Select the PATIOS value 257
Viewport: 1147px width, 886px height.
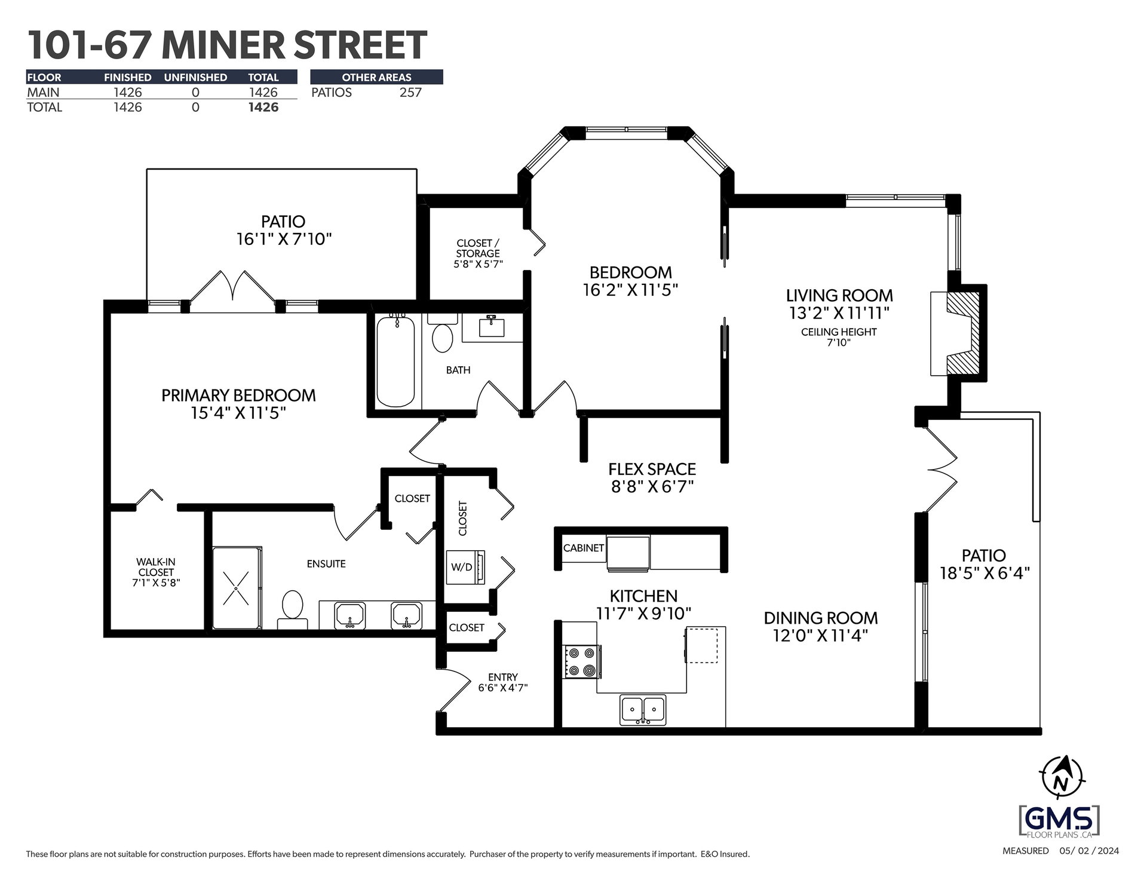410,93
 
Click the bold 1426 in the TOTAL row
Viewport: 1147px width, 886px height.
263,108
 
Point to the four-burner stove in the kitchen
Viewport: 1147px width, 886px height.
582,662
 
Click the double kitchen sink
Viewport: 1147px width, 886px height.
643,710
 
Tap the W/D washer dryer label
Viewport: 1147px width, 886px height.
461,568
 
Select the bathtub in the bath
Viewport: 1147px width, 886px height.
395,361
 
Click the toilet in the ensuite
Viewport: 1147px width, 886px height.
292,609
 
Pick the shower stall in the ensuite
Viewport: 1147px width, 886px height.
237,588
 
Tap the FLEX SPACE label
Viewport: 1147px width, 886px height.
652,469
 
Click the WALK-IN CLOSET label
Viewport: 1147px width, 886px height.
156,567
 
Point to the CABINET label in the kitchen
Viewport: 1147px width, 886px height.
584,548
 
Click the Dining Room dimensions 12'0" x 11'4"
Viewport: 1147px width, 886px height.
820,635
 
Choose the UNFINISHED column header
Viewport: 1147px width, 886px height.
195,78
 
